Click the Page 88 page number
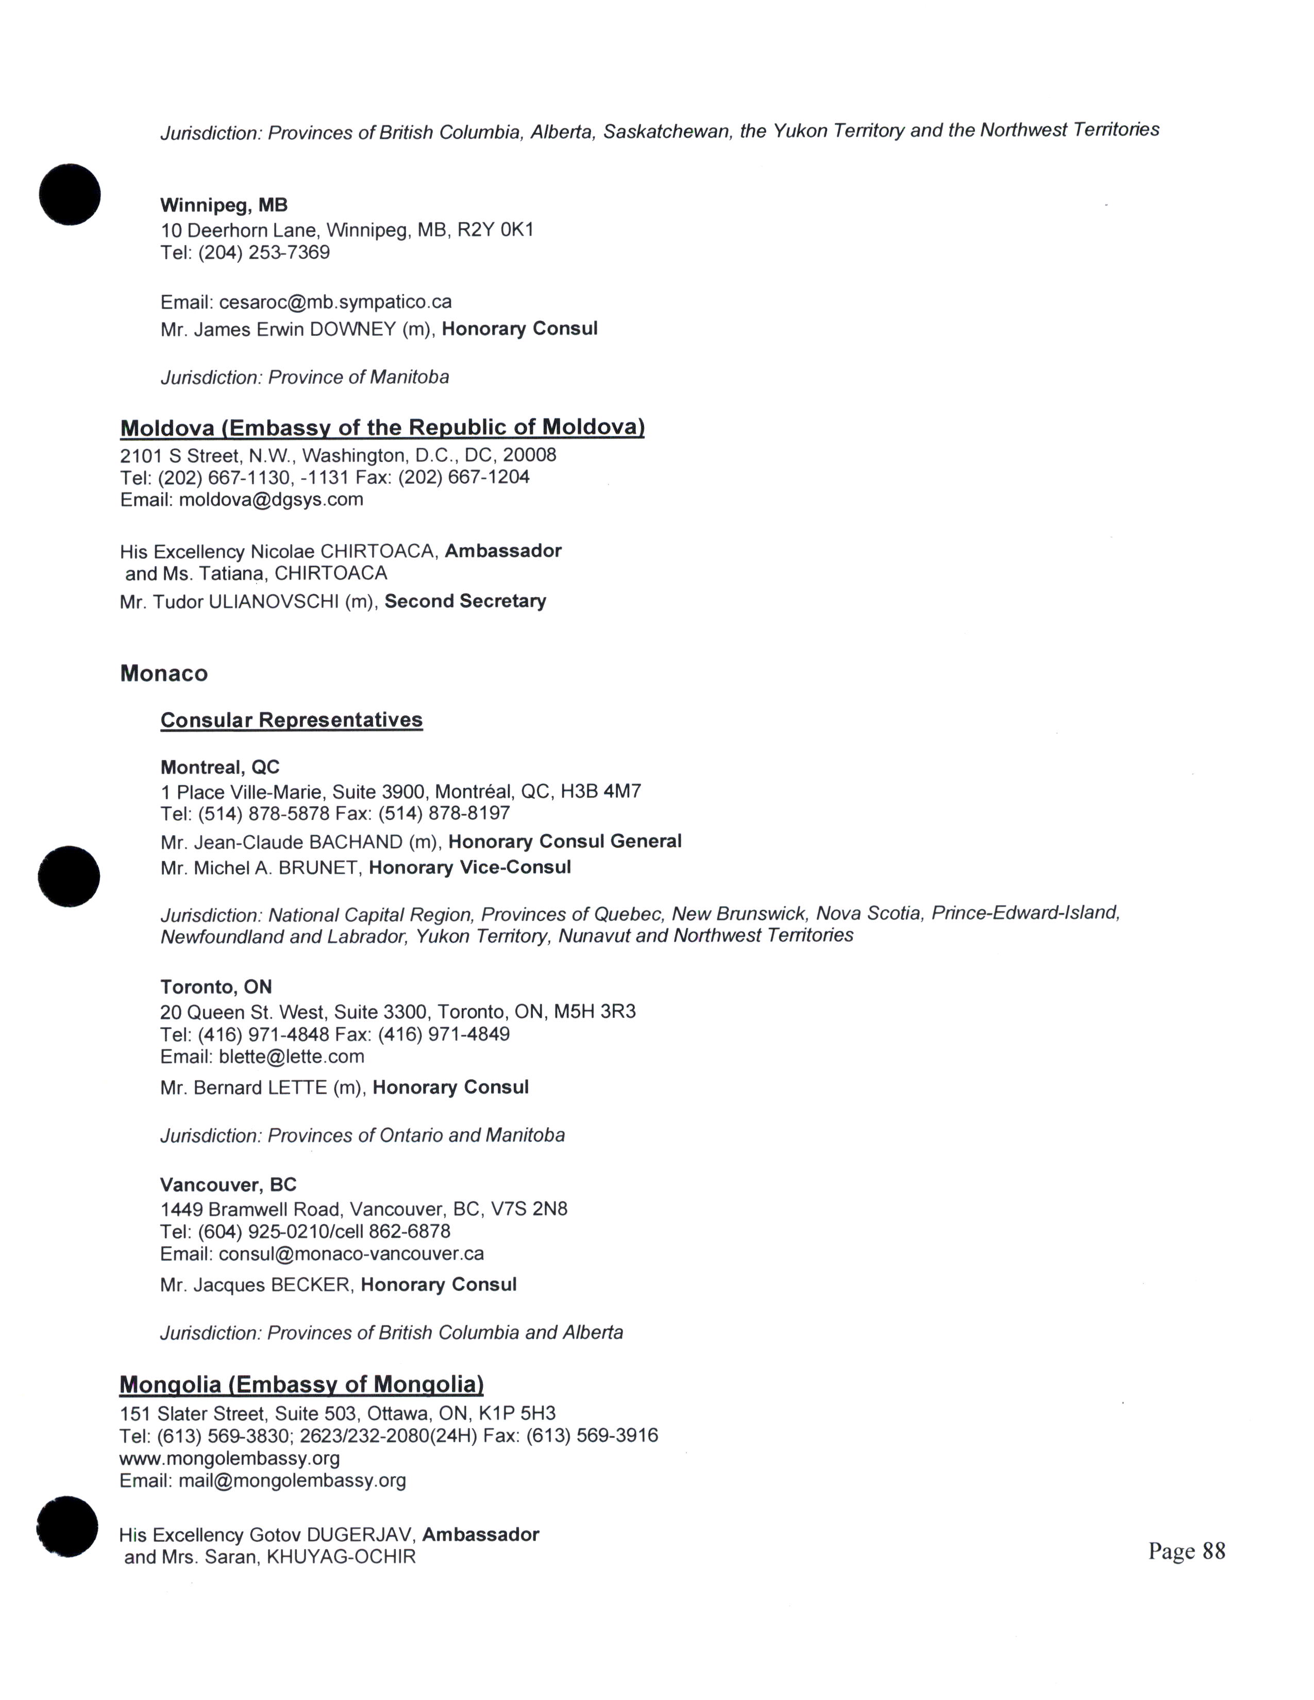coord(1186,1551)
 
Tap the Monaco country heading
coord(163,673)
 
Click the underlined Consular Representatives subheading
coord(291,720)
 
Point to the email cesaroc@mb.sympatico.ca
coord(335,302)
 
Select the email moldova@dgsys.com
coord(271,500)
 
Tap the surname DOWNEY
coord(352,329)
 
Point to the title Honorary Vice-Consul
coord(469,868)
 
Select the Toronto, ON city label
coord(215,987)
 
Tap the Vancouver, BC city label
coord(228,1185)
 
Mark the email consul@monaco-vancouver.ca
coord(351,1254)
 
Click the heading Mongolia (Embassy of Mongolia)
coord(301,1385)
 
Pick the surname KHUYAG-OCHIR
coord(341,1557)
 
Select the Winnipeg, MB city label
coord(224,206)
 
